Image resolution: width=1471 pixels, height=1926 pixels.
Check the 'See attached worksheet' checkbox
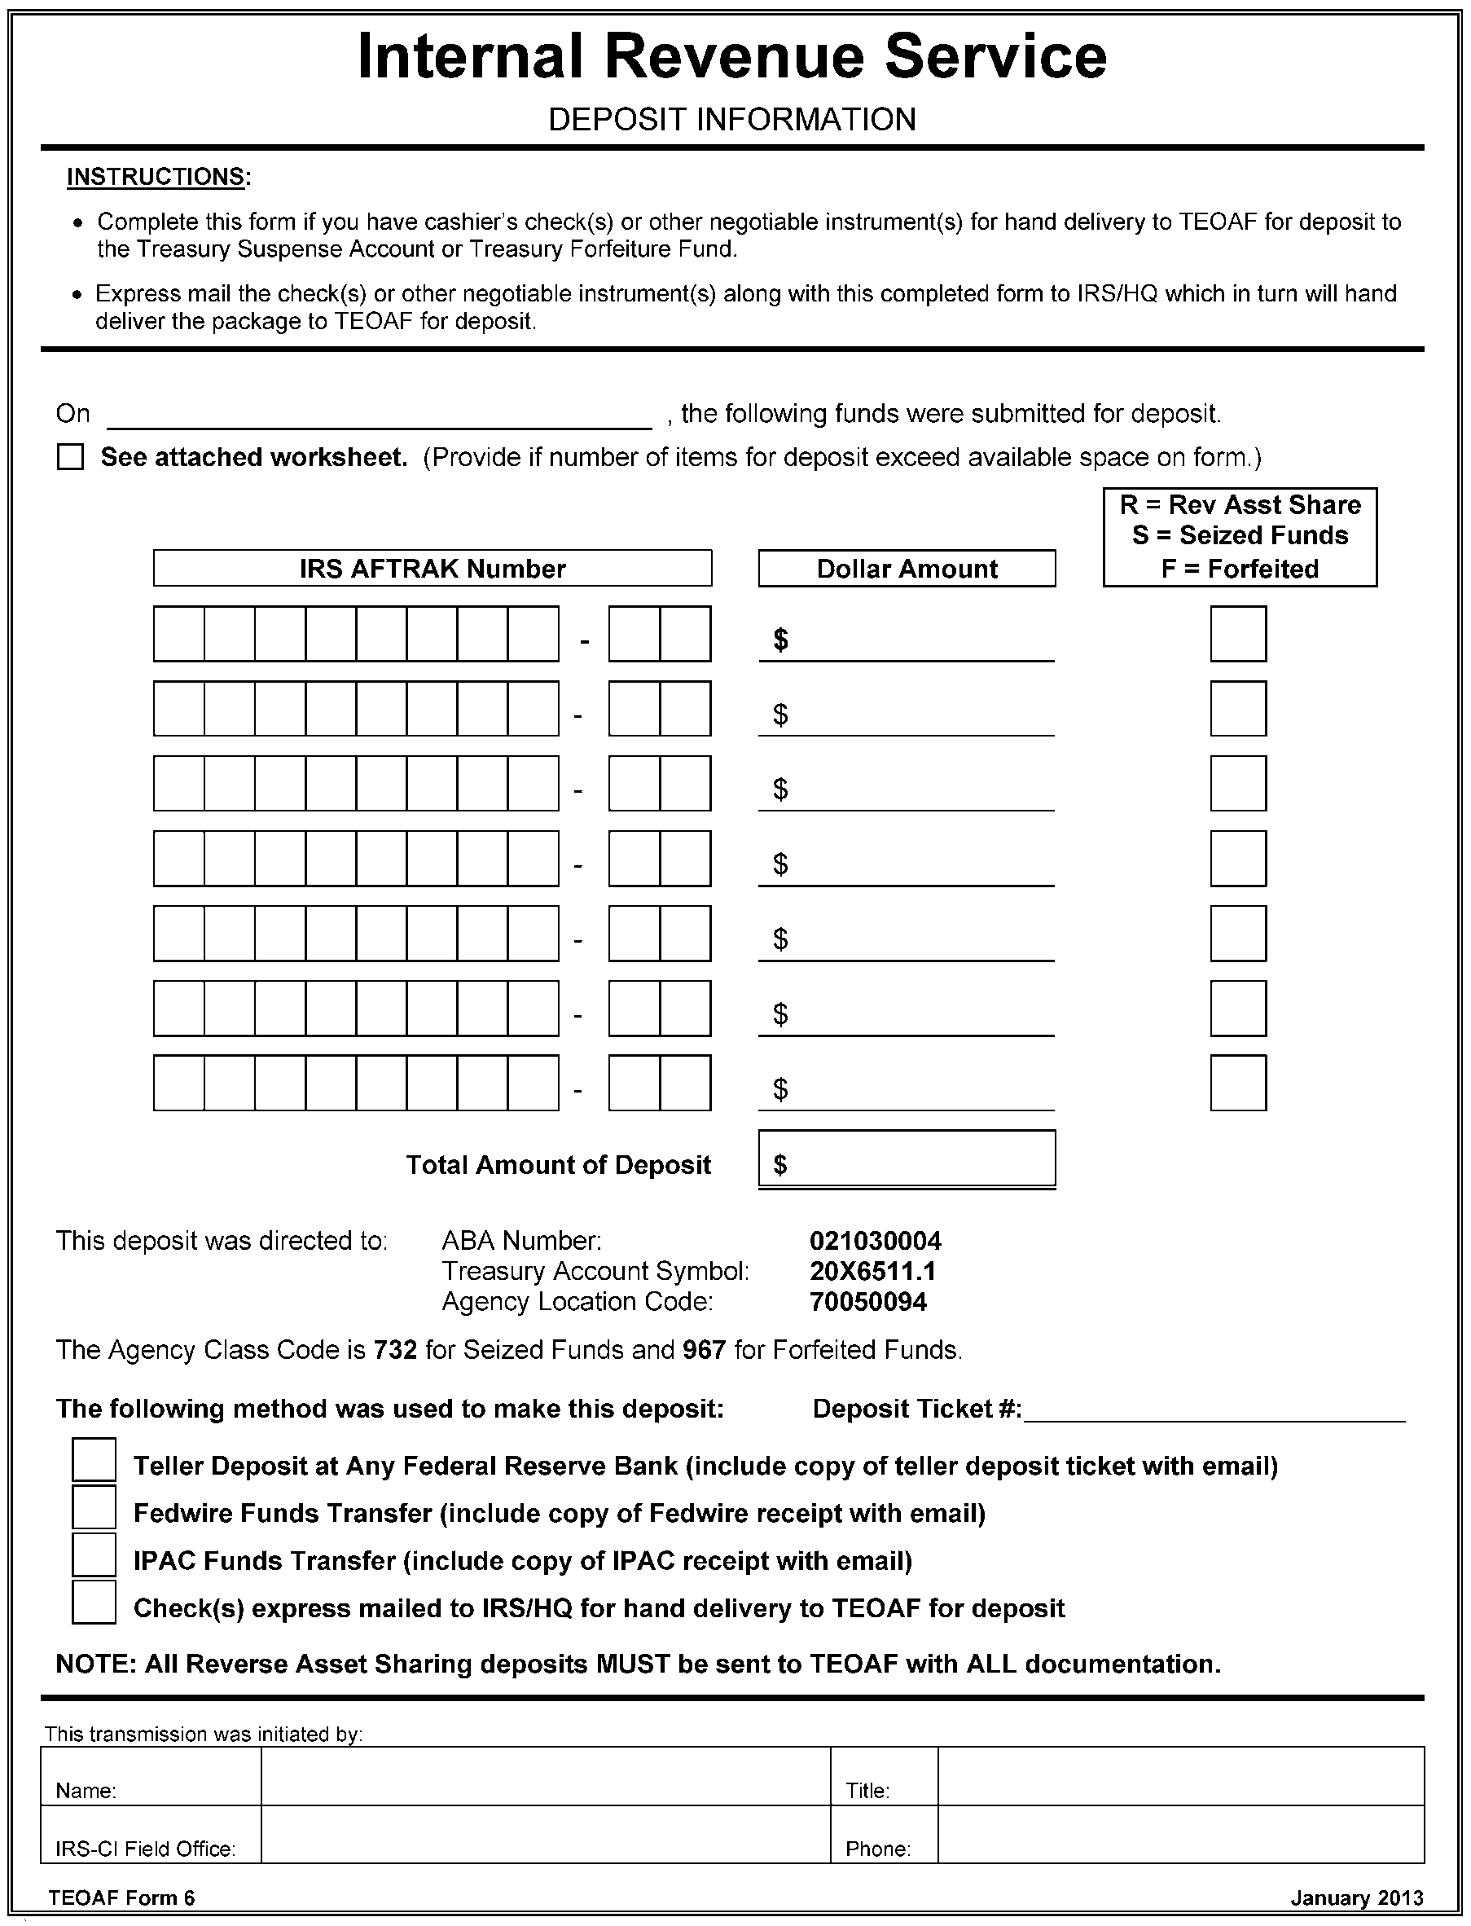[70, 457]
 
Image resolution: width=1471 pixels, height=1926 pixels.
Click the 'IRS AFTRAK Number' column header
[432, 569]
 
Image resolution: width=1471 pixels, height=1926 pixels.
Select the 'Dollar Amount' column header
[907, 569]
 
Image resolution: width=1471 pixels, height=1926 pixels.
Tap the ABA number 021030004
[875, 1240]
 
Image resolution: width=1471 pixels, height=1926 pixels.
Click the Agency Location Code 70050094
[867, 1302]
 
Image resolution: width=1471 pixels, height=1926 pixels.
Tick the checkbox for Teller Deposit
[94, 1460]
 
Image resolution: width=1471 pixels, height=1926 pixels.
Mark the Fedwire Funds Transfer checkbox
[94, 1507]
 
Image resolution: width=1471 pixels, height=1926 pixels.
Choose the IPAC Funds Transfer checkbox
[94, 1554]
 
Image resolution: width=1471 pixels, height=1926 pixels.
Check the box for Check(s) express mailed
[94, 1602]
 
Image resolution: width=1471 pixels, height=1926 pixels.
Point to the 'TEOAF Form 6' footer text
[121, 1898]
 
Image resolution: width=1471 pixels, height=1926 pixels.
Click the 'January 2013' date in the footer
[1356, 1898]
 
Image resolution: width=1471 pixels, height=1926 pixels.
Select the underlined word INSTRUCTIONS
[156, 177]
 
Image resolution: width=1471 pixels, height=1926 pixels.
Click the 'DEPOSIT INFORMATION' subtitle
[732, 120]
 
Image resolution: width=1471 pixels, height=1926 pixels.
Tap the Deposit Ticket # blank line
[1214, 1411]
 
